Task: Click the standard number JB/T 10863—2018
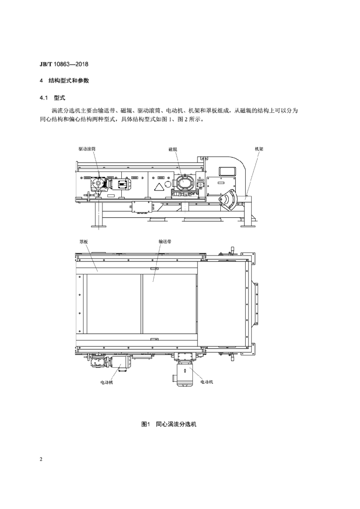64,64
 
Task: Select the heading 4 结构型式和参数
64,81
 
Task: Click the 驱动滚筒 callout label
87,149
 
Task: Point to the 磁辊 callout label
173,149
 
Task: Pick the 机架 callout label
259,149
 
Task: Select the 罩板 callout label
84,242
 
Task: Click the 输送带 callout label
165,242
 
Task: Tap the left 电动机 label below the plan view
107,382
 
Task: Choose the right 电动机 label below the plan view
207,382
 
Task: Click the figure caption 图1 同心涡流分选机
169,424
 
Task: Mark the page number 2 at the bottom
41,459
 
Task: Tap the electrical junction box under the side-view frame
142,207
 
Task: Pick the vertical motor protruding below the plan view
184,374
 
